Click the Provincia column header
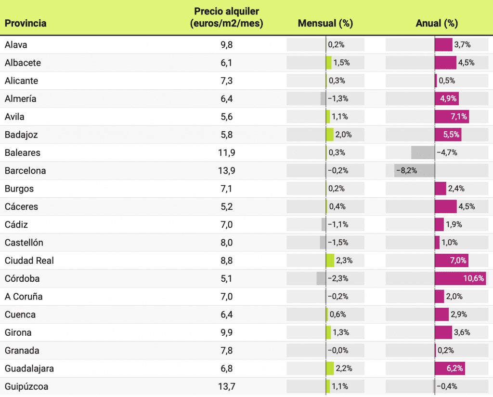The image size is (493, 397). click(x=26, y=23)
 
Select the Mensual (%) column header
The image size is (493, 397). click(x=325, y=23)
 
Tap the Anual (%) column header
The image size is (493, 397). click(x=437, y=23)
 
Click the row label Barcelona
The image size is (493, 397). click(x=26, y=171)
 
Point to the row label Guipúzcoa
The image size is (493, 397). click(x=26, y=386)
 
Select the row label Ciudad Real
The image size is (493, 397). click(x=29, y=260)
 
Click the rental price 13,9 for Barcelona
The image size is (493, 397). click(x=227, y=171)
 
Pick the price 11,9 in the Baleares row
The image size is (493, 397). click(x=227, y=153)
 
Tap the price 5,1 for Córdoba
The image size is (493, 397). click(x=227, y=279)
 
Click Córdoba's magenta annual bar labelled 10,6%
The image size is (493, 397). click(x=460, y=279)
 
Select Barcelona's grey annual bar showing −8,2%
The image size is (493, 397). click(x=415, y=171)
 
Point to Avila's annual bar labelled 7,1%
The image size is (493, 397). click(x=452, y=117)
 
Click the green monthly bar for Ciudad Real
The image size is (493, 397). click(x=330, y=260)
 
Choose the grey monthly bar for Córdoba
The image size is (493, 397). click(x=321, y=279)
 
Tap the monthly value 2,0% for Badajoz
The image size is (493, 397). click(x=344, y=135)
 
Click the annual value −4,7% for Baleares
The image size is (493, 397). click(x=447, y=153)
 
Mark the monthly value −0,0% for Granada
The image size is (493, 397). click(x=338, y=351)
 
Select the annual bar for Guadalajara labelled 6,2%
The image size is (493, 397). click(x=450, y=369)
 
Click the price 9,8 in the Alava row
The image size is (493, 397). click(x=227, y=45)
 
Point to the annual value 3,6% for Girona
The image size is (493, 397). click(x=462, y=333)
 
